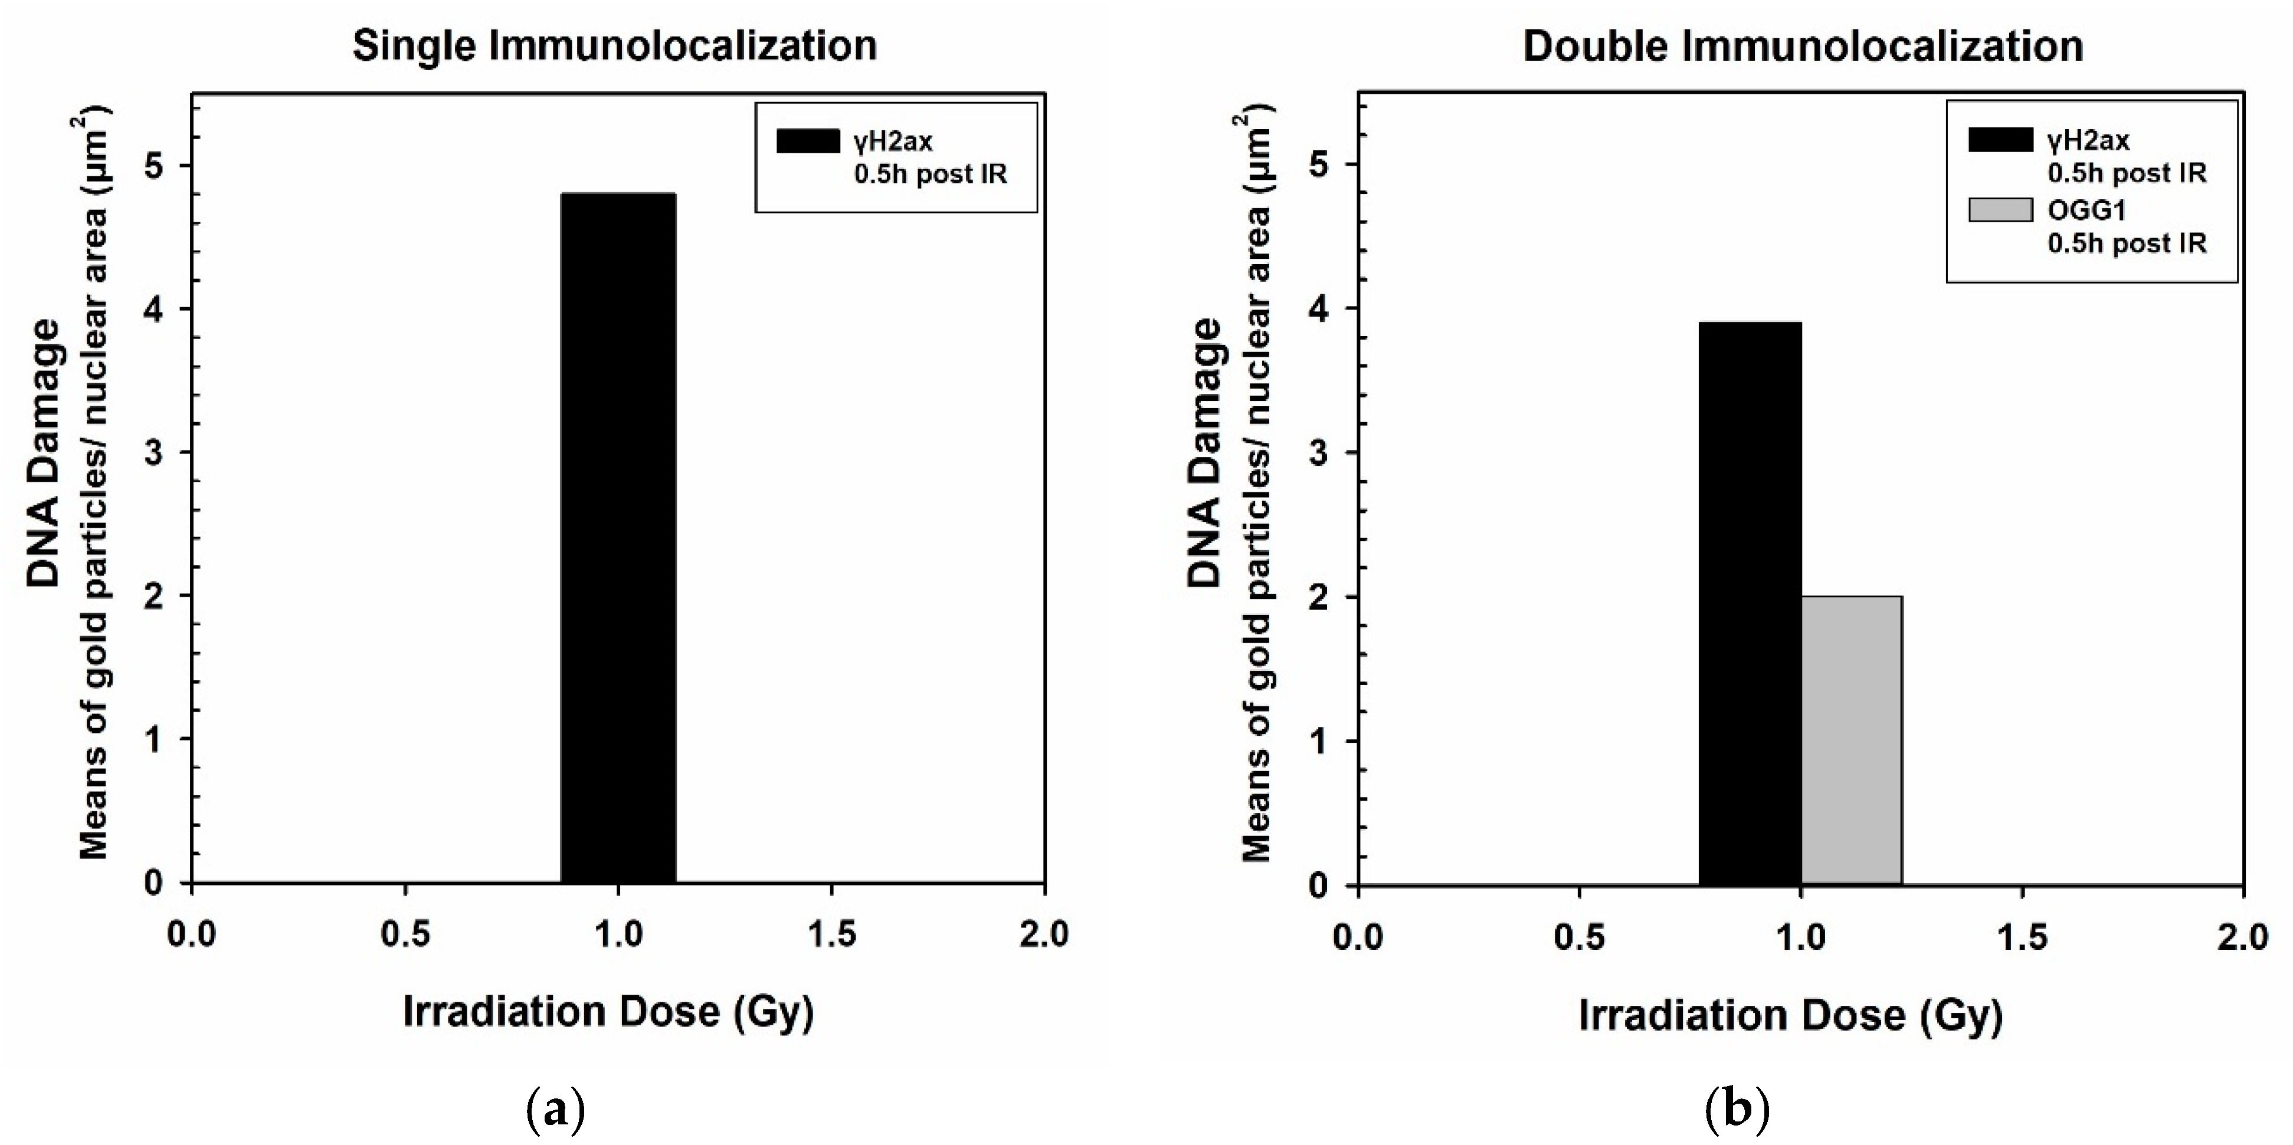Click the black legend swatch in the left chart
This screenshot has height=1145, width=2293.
point(807,140)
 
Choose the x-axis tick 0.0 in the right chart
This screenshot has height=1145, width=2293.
point(1358,937)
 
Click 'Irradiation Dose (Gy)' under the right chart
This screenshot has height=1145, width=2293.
point(1791,1015)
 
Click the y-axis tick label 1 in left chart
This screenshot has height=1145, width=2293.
point(154,739)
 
